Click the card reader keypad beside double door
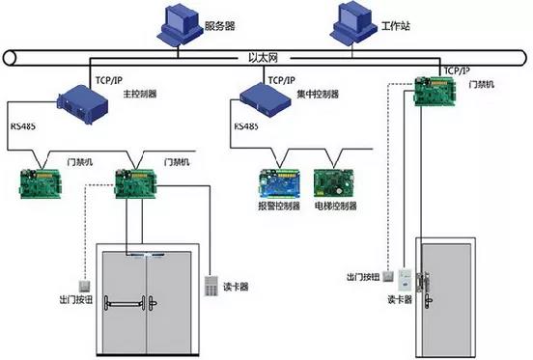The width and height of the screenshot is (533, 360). point(211,287)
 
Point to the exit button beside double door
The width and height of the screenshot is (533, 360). point(85,286)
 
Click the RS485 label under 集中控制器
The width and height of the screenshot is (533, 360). point(244,125)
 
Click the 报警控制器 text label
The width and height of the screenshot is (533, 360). point(281,206)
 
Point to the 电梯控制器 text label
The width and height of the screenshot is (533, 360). point(336,206)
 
